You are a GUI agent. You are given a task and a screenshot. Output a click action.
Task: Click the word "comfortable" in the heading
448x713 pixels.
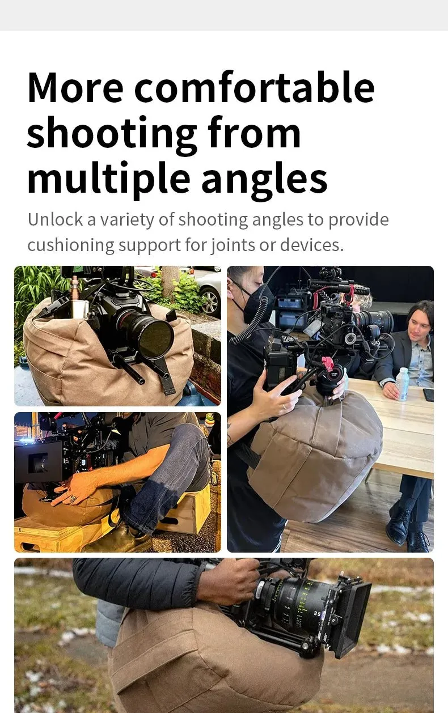(254, 87)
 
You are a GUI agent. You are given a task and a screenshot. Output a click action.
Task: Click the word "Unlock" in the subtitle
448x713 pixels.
(55, 219)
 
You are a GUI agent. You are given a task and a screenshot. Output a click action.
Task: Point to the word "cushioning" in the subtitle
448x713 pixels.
(71, 245)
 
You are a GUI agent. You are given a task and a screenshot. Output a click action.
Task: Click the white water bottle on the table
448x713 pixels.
(403, 384)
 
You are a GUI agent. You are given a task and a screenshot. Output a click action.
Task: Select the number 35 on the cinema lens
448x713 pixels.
(317, 613)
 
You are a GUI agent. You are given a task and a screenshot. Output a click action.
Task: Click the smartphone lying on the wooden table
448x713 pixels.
(429, 394)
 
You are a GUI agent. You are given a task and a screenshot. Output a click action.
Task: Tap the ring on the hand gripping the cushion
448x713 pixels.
(73, 498)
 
